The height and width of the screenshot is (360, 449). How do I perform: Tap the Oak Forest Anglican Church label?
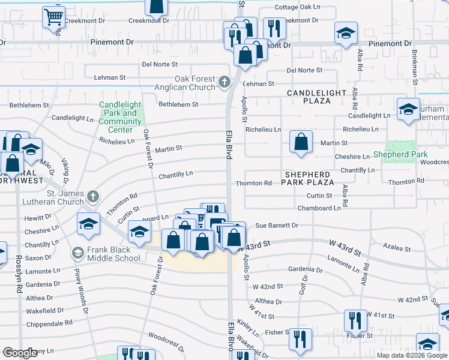(194, 83)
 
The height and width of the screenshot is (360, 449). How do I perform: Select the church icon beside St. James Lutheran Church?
(92, 196)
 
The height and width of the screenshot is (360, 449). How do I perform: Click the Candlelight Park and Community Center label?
(120, 118)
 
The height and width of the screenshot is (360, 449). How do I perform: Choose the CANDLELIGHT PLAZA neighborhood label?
(316, 97)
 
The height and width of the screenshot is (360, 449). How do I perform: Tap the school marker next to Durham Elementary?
(408, 110)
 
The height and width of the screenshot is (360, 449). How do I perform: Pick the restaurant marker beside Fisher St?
(300, 339)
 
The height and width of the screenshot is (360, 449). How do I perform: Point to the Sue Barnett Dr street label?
(277, 226)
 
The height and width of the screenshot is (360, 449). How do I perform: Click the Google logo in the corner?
(20, 353)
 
